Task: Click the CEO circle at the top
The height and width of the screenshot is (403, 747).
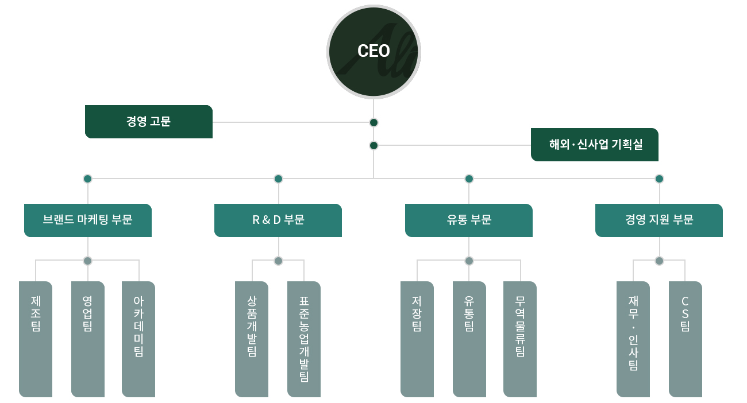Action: point(373,52)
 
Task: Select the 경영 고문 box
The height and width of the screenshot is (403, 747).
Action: point(149,122)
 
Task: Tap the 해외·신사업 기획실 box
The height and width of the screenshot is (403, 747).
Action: point(595,145)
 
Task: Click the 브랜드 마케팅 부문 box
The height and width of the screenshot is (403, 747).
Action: point(88,220)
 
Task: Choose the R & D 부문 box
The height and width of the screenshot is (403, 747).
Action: point(278,220)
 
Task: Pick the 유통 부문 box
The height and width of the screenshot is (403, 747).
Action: point(469,220)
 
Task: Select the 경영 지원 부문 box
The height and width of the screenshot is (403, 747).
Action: point(659,220)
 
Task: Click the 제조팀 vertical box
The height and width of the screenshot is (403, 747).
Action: point(36,339)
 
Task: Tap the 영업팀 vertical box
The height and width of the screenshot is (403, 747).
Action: point(88,339)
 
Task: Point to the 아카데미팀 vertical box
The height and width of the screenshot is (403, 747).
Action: point(138,339)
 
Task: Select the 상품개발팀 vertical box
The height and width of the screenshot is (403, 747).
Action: point(252,339)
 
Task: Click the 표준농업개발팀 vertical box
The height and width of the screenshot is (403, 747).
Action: point(304,339)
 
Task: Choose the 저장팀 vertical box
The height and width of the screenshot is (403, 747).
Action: point(417,339)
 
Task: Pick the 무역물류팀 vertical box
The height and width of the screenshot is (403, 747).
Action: point(520,339)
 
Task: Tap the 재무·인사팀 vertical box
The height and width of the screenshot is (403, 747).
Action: point(633,339)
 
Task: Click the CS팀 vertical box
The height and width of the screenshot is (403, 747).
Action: point(686,339)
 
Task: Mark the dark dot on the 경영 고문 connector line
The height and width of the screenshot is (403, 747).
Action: point(373,122)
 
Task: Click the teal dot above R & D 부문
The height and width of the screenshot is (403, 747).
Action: point(278,179)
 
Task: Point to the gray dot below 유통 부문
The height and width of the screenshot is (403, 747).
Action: point(469,261)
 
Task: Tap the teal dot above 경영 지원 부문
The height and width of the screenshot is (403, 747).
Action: point(659,179)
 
